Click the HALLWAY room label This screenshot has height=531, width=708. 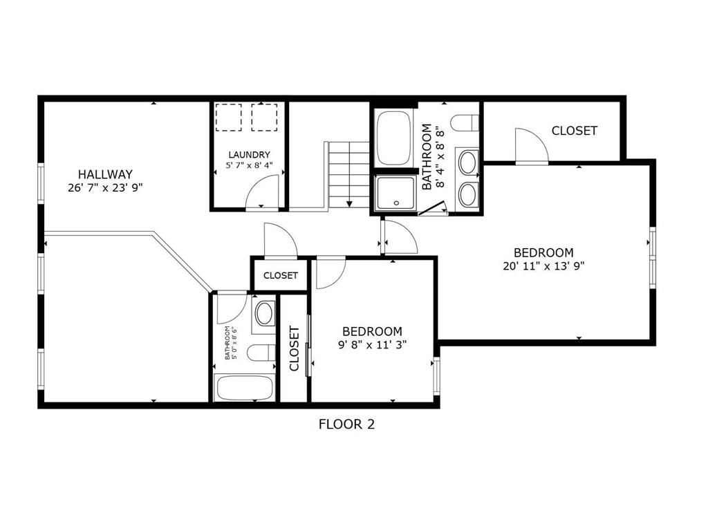coord(105,174)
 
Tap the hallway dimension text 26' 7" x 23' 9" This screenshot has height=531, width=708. coord(105,187)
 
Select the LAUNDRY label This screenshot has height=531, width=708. coord(249,155)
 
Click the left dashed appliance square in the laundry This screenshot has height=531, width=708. coord(228,117)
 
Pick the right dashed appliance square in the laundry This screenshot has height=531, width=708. coord(264,117)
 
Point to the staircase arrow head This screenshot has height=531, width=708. coord(350,203)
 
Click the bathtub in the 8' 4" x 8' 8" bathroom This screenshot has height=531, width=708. coord(393,138)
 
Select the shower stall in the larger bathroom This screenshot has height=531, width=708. coord(395,193)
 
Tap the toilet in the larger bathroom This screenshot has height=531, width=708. coord(465,123)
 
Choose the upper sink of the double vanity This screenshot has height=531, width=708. coord(468,163)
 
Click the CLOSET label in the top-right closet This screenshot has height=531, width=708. coord(574,131)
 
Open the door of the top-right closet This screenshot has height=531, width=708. coord(532,145)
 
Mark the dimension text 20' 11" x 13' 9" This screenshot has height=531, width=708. coord(543,265)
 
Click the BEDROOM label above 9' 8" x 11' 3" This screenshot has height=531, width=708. coord(372,332)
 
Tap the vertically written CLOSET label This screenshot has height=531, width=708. coord(294,348)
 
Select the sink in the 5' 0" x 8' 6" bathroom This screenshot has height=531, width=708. coord(263,313)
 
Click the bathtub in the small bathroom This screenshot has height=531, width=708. coord(244,387)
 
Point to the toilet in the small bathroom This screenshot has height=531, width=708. coord(262,353)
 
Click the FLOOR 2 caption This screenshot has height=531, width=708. coord(346,424)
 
